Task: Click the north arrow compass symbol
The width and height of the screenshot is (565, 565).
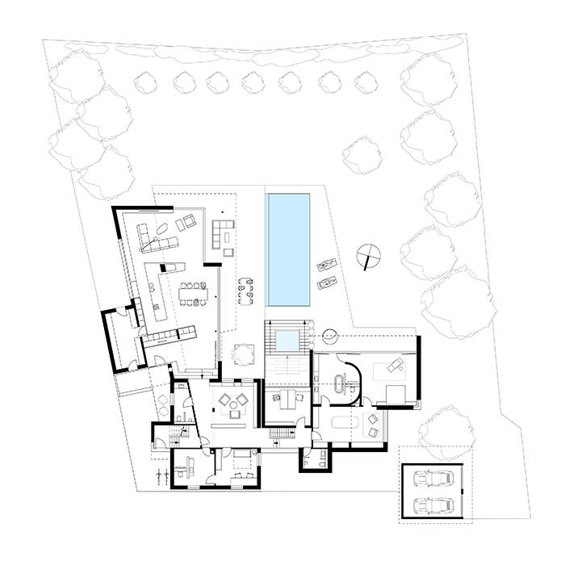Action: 369,257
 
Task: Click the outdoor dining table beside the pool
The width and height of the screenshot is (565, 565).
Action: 246,294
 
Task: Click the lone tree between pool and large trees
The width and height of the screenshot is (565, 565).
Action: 359,153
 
